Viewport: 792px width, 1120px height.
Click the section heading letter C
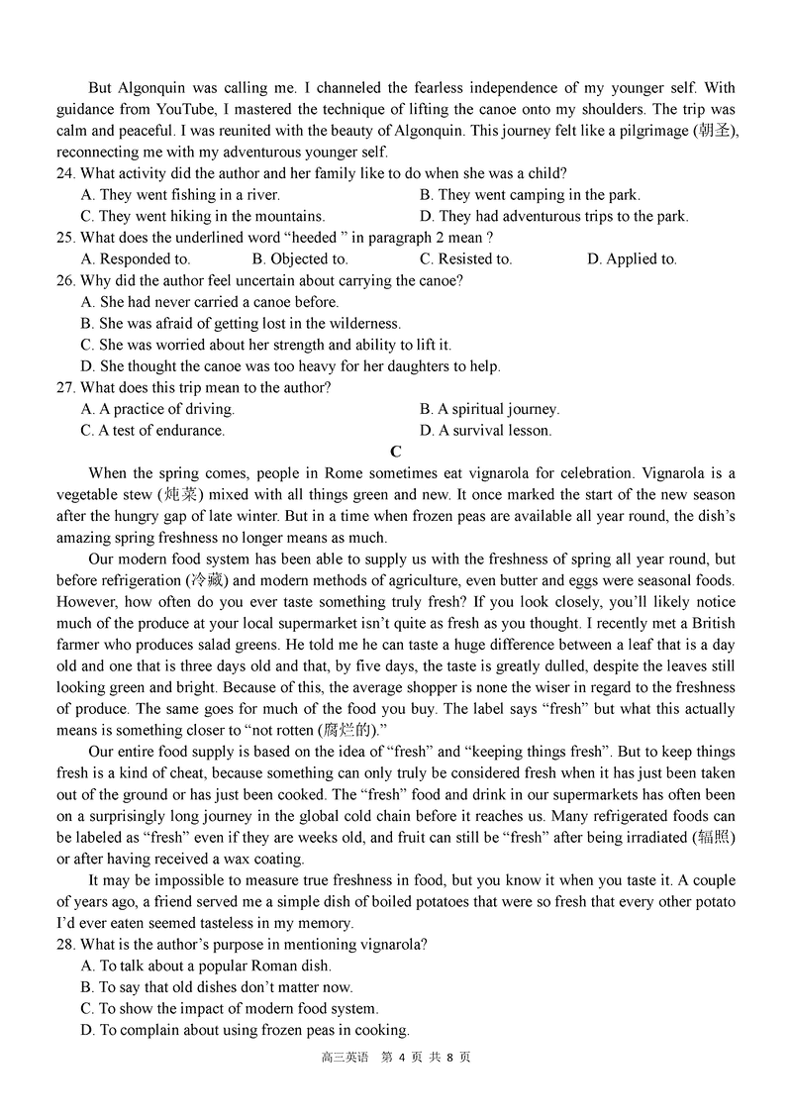click(x=396, y=453)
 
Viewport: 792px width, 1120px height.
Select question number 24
click(x=66, y=173)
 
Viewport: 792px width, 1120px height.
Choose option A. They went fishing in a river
click(x=180, y=195)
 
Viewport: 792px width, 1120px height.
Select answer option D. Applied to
click(x=632, y=259)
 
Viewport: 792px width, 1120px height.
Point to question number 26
click(x=66, y=281)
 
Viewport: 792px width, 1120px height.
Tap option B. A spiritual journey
click(x=489, y=409)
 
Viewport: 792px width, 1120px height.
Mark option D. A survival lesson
click(x=485, y=431)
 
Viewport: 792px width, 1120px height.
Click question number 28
click(x=66, y=945)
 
